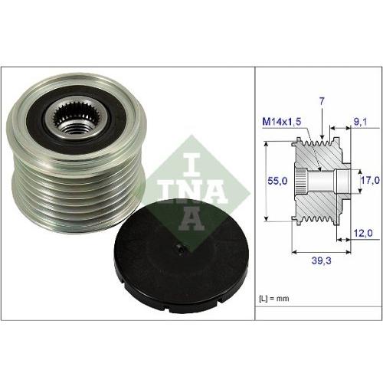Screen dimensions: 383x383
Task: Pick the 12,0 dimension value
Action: click(362, 233)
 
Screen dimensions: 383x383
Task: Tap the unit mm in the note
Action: click(288, 296)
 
